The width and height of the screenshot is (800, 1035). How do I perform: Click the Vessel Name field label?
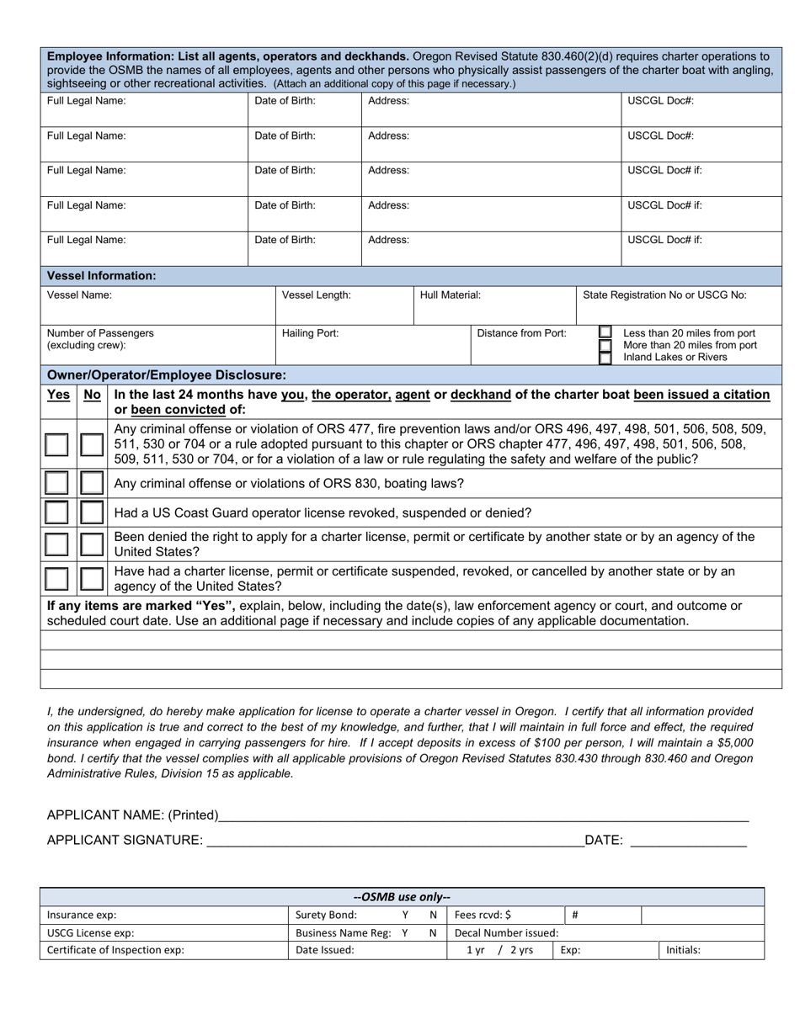[79, 295]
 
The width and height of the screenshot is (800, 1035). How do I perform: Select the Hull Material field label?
[451, 295]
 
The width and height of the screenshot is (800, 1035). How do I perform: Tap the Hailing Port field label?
[310, 333]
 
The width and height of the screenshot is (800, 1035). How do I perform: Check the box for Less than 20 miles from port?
[605, 332]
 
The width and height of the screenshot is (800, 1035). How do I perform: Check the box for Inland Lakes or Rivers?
[605, 358]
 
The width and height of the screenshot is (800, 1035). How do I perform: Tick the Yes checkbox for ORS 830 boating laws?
[56, 484]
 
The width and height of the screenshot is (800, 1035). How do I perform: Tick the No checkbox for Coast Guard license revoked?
[92, 512]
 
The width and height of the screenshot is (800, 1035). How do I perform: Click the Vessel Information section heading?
[101, 276]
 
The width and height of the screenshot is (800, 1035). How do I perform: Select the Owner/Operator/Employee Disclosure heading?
[166, 374]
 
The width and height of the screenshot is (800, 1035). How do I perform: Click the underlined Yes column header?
[58, 395]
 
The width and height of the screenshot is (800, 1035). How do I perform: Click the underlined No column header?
[92, 395]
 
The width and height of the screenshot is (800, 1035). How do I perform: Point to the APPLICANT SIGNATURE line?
[394, 840]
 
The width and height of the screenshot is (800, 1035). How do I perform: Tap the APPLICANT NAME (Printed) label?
[132, 815]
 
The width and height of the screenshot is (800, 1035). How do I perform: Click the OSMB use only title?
[402, 897]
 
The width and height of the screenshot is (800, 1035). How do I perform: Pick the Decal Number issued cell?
[506, 933]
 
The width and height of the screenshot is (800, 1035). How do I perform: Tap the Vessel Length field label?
[316, 295]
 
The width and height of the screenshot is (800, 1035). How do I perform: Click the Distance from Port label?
[521, 333]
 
